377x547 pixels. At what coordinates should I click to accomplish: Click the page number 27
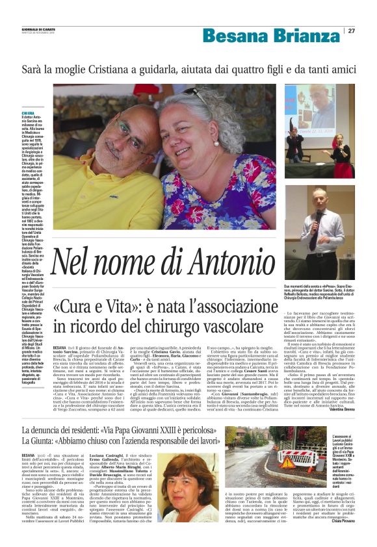(x=352, y=31)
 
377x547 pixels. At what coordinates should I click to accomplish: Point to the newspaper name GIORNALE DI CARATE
(x=38, y=29)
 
